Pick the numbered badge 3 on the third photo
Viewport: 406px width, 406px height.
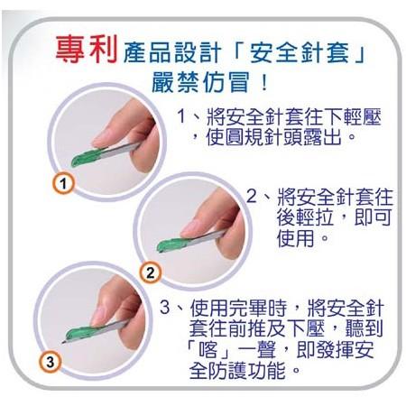pyautogui.click(x=51, y=363)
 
